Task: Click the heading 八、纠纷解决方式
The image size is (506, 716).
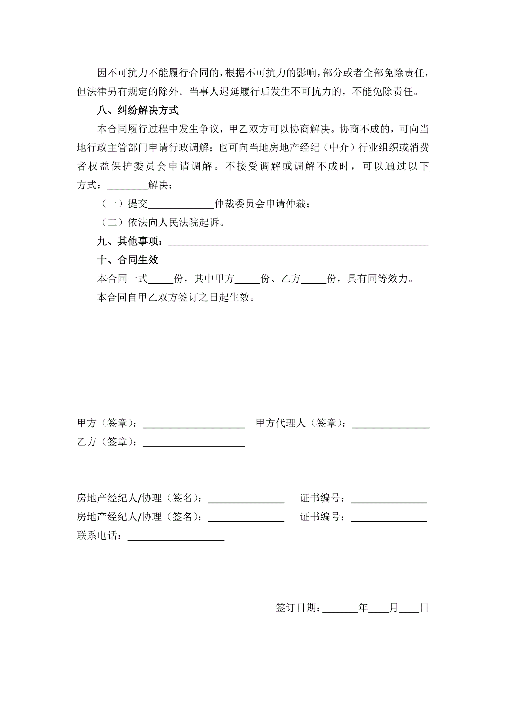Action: coord(138,110)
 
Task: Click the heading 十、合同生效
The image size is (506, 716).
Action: coord(128,260)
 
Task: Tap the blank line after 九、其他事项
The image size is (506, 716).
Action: coord(298,243)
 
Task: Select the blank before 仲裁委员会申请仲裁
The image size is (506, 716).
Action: coord(181,205)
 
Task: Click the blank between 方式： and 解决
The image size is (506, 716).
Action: coord(128,186)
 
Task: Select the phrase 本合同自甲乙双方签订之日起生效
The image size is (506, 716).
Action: coord(176,297)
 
